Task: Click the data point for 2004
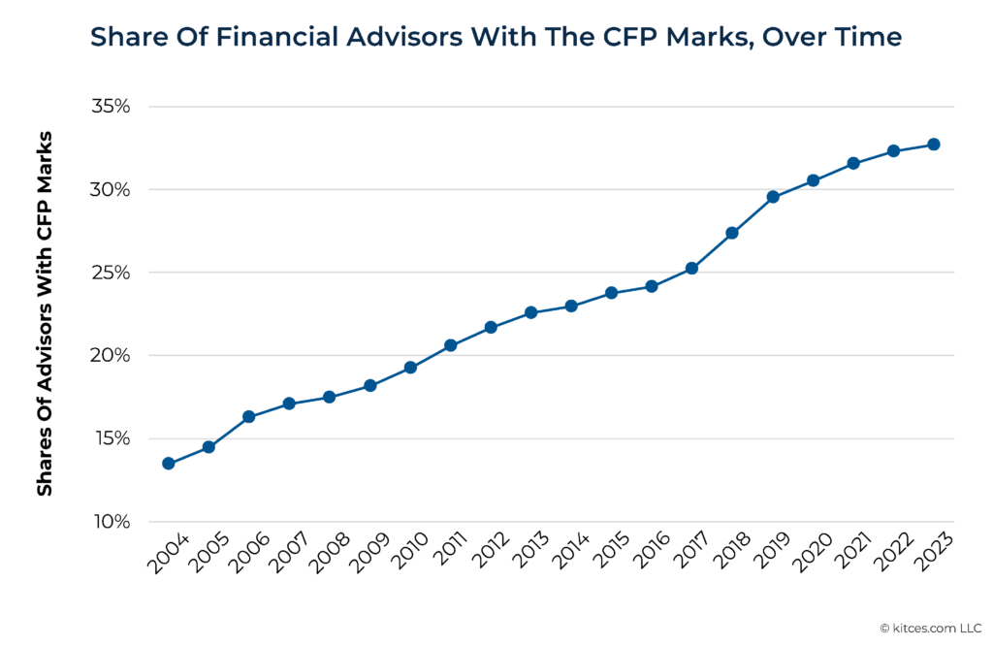(x=168, y=464)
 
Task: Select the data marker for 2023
(x=933, y=145)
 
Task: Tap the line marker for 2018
(x=732, y=233)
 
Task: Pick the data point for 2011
(x=450, y=345)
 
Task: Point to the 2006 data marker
(x=248, y=416)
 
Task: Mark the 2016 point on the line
(x=652, y=286)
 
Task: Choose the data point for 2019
(x=773, y=197)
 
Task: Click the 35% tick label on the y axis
(x=111, y=107)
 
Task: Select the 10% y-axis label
(x=111, y=522)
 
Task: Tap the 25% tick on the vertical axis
(x=111, y=273)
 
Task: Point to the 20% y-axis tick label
(x=111, y=356)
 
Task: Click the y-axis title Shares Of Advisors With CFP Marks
(x=45, y=313)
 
